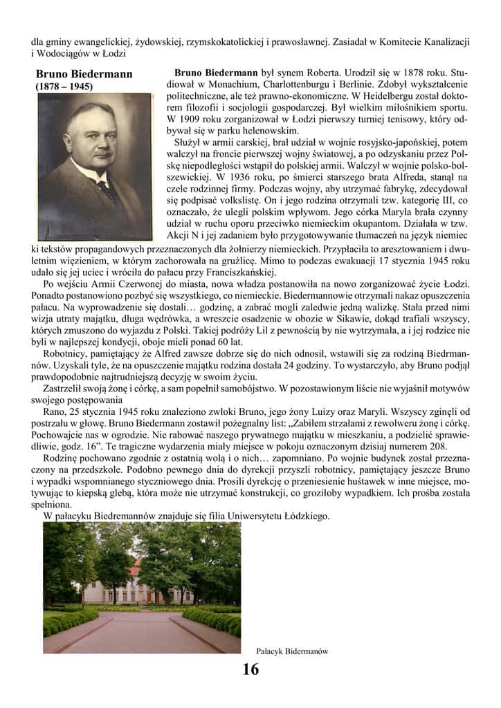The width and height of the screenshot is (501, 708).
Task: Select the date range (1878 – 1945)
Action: click(x=64, y=87)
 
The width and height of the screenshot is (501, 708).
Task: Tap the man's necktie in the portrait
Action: click(x=106, y=189)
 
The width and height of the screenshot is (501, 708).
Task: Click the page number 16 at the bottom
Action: click(x=250, y=669)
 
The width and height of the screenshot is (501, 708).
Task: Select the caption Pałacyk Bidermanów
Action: click(x=291, y=651)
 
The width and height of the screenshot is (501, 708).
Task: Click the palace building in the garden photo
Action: click(x=138, y=589)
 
